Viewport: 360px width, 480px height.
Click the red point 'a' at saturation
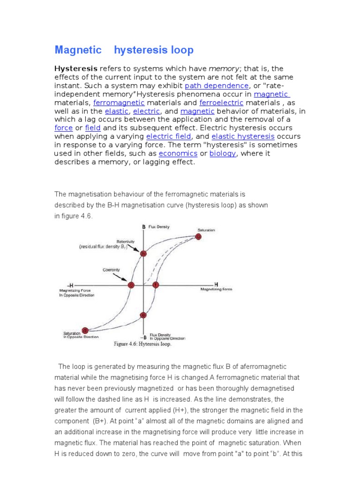pos(198,237)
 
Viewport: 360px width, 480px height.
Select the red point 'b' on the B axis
pos(143,254)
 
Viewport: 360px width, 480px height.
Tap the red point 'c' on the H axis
pos(131,285)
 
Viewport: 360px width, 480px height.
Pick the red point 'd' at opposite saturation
pos(85,330)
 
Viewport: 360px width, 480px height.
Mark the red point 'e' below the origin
pos(143,315)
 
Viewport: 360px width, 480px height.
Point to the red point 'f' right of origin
pos(156,285)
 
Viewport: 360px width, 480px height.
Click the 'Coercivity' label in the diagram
pos(111,270)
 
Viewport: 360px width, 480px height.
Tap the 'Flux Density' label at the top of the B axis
pos(159,227)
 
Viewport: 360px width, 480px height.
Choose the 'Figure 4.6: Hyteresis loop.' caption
pos(143,344)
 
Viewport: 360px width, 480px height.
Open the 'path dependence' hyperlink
pos(217,86)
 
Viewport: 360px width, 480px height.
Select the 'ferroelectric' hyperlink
pos(221,103)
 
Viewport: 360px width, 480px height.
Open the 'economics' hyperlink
pos(178,153)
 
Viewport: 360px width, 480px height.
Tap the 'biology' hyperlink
pos(223,153)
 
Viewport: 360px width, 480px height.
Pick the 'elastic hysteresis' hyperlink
pos(243,136)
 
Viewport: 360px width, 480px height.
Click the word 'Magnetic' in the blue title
pos(78,50)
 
